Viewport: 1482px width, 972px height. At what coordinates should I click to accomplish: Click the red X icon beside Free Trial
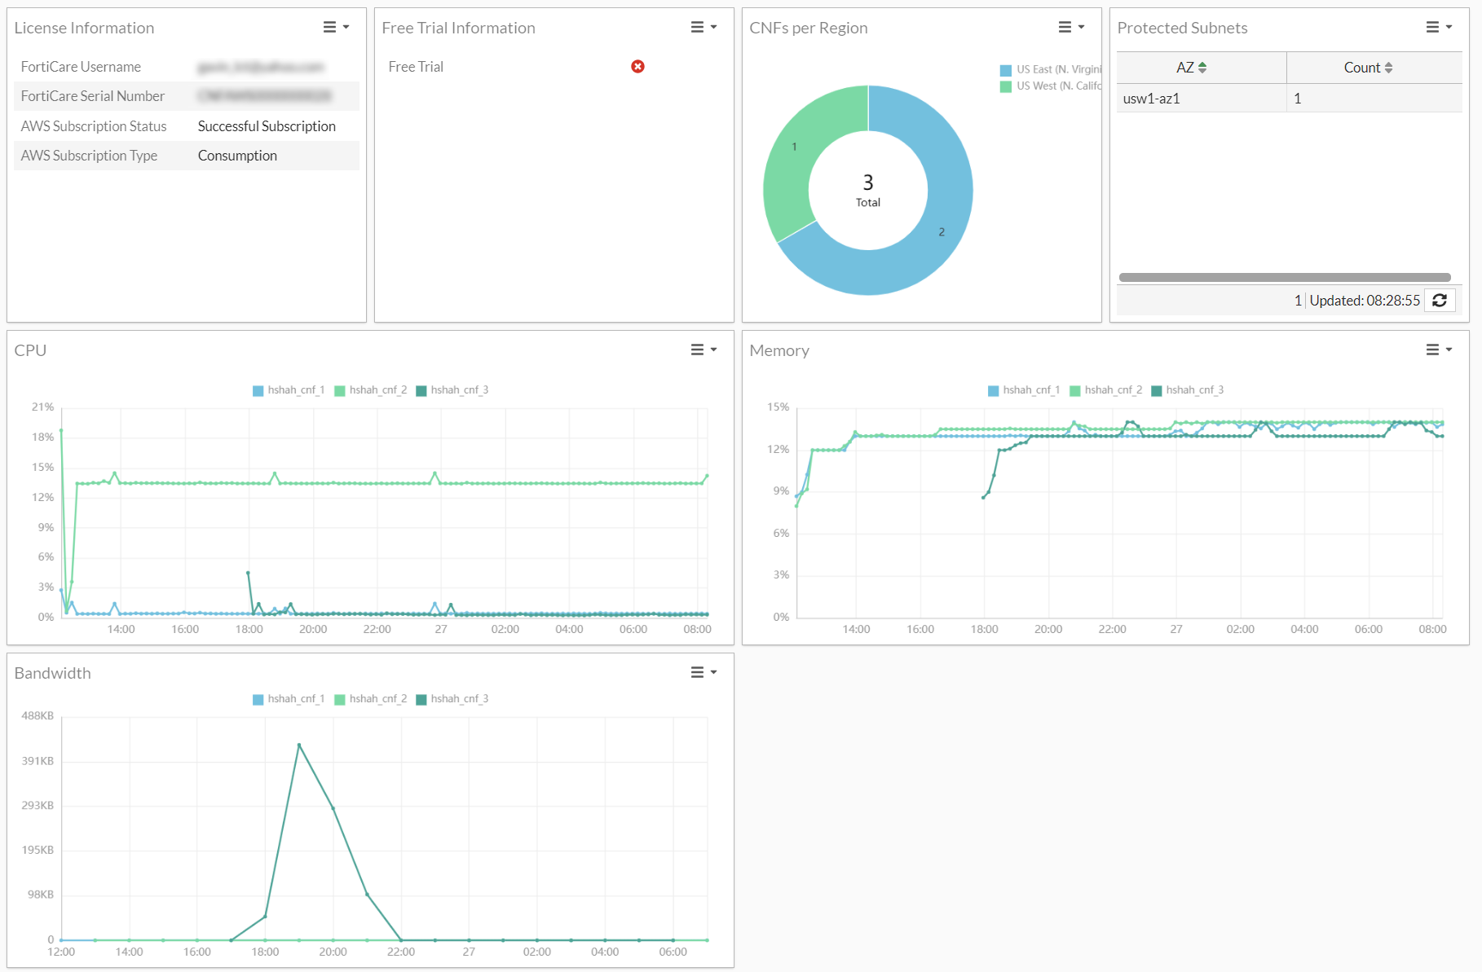pyautogui.click(x=637, y=67)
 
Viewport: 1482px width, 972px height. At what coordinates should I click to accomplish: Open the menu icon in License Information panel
pyautogui.click(x=335, y=28)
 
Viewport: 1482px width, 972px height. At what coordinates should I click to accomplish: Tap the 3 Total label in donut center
pyautogui.click(x=868, y=190)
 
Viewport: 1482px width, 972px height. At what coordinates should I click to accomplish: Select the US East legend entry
pyautogui.click(x=1052, y=70)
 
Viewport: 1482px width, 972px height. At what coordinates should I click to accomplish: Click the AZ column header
pyautogui.click(x=1191, y=68)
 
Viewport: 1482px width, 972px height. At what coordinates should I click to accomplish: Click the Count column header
pyautogui.click(x=1368, y=68)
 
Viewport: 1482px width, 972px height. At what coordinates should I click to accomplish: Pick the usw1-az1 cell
pyautogui.click(x=1151, y=99)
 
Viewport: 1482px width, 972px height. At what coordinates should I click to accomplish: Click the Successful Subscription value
pyautogui.click(x=267, y=126)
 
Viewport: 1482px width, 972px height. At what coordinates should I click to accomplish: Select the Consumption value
pyautogui.click(x=237, y=156)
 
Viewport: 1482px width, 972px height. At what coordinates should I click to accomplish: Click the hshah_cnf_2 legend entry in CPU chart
pyautogui.click(x=371, y=390)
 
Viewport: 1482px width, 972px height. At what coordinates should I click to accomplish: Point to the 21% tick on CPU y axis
pyautogui.click(x=43, y=407)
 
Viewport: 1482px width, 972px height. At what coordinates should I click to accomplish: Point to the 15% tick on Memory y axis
pyautogui.click(x=778, y=407)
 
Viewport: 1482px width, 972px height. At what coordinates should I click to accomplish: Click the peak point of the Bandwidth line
pyautogui.click(x=299, y=745)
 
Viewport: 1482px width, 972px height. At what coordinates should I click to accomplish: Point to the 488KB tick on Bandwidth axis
pyautogui.click(x=37, y=715)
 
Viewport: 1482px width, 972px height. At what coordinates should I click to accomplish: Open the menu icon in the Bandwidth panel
pyautogui.click(x=703, y=673)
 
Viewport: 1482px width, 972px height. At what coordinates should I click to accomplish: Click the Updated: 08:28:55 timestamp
pyautogui.click(x=1365, y=301)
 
